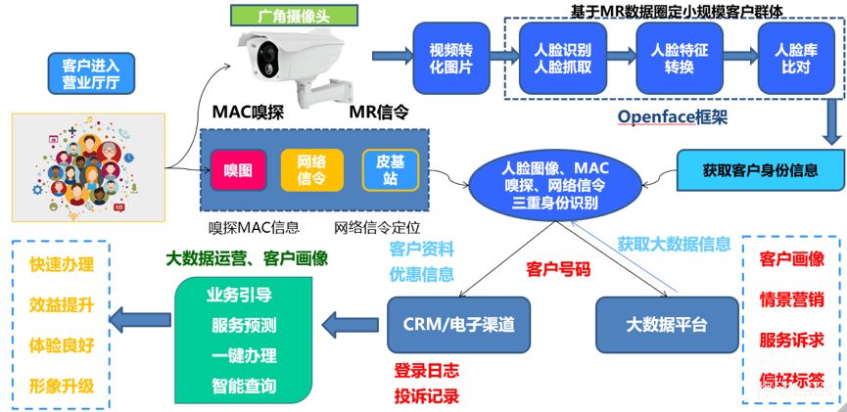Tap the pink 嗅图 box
tap(238, 170)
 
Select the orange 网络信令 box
tap(311, 170)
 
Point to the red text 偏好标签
tap(791, 377)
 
